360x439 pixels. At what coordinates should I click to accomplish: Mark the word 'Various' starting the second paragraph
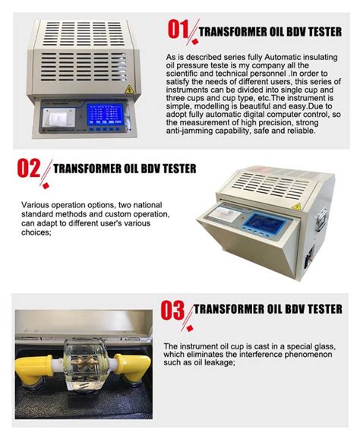click(36, 205)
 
